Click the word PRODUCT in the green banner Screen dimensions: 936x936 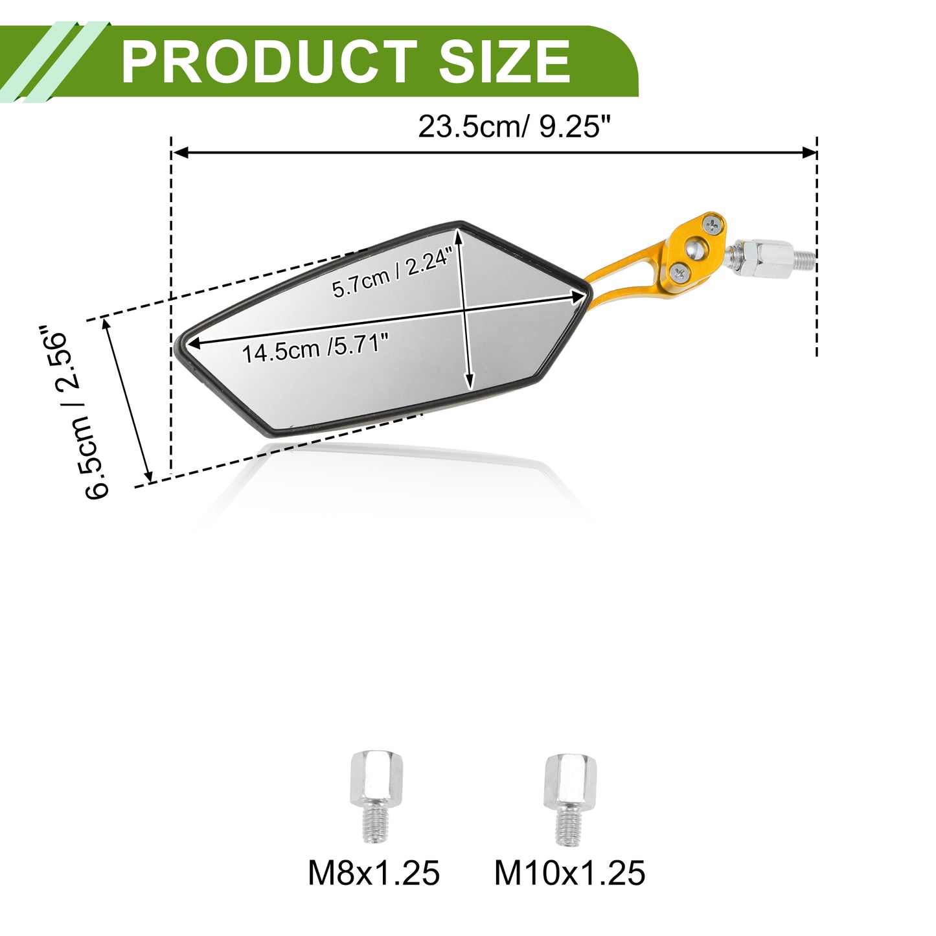tap(269, 62)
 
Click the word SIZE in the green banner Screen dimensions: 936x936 tap(505, 62)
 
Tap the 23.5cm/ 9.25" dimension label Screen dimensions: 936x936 tap(514, 126)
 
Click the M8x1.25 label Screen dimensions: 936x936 tap(374, 873)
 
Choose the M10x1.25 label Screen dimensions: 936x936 tap(569, 873)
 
